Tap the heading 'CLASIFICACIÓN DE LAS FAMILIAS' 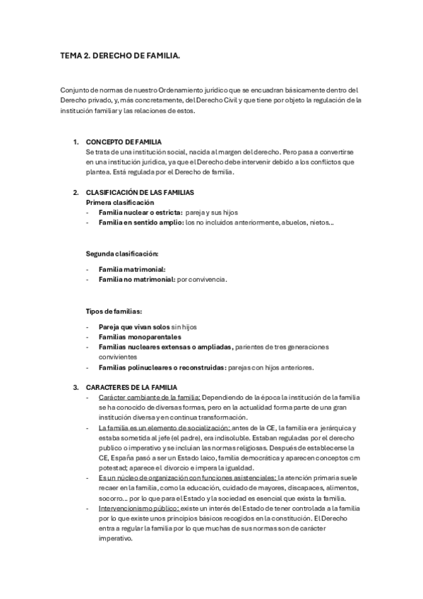[x=140, y=192]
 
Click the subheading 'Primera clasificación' [x=120, y=202]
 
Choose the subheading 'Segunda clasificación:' [x=122, y=252]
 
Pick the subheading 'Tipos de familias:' [x=114, y=311]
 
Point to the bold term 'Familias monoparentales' [x=140, y=337]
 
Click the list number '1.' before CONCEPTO [x=76, y=142]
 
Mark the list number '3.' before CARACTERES [x=76, y=387]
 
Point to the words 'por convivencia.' [x=202, y=280]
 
